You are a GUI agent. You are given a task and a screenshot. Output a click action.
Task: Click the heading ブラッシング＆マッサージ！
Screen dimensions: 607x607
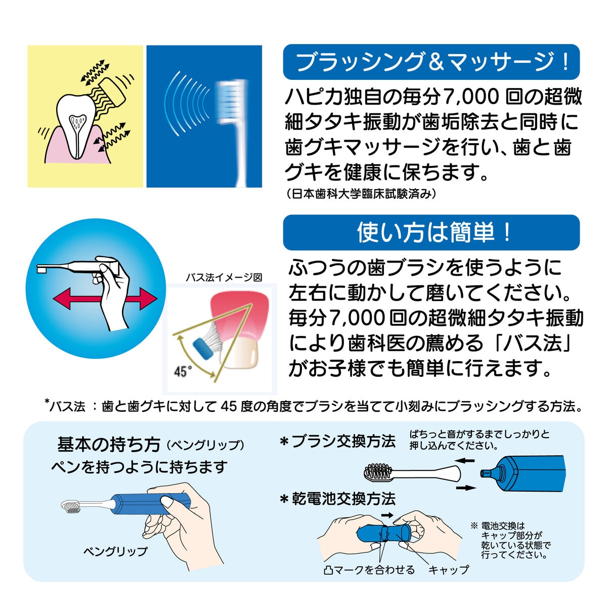click(431, 62)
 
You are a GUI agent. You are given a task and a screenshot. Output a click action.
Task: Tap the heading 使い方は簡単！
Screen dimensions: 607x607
click(431, 232)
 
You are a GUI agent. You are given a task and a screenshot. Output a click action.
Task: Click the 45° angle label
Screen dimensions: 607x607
click(180, 372)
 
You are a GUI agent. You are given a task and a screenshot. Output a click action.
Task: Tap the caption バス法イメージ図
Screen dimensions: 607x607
click(224, 277)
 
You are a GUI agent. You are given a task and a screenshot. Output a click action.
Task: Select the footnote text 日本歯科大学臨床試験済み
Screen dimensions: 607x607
click(360, 194)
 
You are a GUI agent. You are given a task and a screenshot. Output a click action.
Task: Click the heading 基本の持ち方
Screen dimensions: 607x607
click(108, 445)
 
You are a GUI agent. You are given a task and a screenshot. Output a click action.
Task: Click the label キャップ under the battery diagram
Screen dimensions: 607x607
click(448, 570)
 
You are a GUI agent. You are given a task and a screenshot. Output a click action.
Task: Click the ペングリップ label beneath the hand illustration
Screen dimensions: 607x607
click(115, 551)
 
